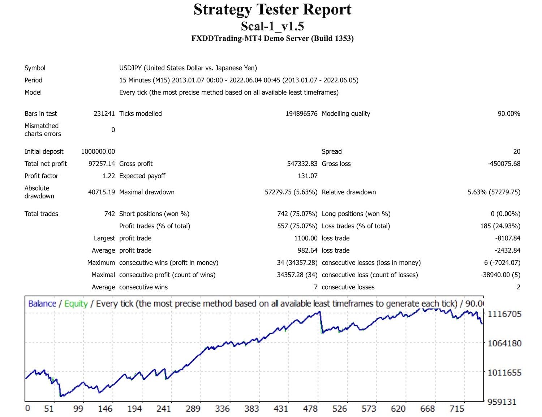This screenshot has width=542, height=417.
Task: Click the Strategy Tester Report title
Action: pyautogui.click(x=272, y=10)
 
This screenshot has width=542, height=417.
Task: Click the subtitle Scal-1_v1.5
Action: pyautogui.click(x=272, y=26)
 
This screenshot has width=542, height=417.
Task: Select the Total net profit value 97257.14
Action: pyautogui.click(x=102, y=164)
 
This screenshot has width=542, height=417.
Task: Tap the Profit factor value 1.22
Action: pyautogui.click(x=108, y=176)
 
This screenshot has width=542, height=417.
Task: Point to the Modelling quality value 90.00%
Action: pyautogui.click(x=509, y=113)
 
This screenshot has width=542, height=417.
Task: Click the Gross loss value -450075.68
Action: pyautogui.click(x=504, y=164)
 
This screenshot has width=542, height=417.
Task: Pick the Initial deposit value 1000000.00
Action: pyautogui.click(x=98, y=151)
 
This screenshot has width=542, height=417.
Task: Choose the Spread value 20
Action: pyautogui.click(x=517, y=151)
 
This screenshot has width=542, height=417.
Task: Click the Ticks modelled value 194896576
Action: pyautogui.click(x=301, y=113)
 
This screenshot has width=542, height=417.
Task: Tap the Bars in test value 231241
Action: pyautogui.click(x=104, y=113)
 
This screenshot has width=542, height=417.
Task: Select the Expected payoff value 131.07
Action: pyautogui.click(x=307, y=176)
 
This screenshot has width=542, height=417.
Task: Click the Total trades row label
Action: pyautogui.click(x=41, y=214)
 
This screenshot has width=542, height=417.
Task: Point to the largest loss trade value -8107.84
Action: pyautogui.click(x=508, y=238)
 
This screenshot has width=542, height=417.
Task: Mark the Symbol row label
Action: pyautogui.click(x=35, y=68)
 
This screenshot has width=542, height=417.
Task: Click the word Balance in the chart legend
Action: pyautogui.click(x=42, y=304)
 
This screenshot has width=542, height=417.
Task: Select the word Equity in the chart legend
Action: pyautogui.click(x=76, y=304)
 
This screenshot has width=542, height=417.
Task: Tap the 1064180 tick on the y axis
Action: pyautogui.click(x=504, y=343)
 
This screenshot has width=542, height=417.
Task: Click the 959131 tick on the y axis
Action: pyautogui.click(x=502, y=402)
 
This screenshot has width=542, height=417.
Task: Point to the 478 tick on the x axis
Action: pyautogui.click(x=310, y=409)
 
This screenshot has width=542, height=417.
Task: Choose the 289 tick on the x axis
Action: pyautogui.click(x=193, y=409)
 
